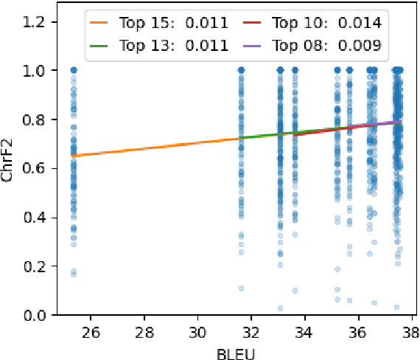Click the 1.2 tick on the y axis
coord(38,22)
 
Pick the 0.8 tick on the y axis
coord(38,120)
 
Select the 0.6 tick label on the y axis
coord(38,169)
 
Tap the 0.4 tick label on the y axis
coord(38,218)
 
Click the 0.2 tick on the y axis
coord(38,266)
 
